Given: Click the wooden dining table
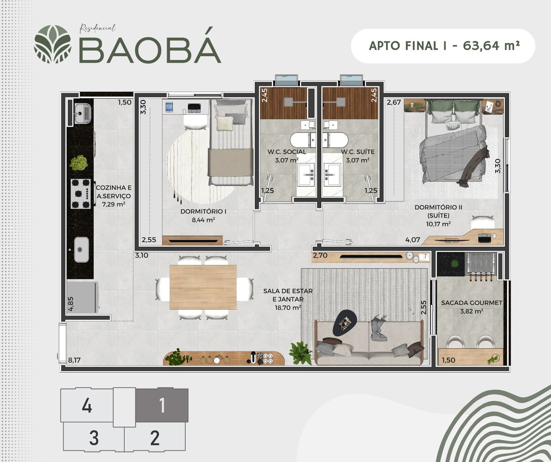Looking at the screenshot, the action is pos(203,287).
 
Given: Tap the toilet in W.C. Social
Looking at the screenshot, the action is pos(303,140).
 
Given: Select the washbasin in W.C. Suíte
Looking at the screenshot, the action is pos(333,174).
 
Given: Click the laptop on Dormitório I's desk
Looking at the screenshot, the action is pos(194,108).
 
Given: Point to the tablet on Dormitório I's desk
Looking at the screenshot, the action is pos(169,107).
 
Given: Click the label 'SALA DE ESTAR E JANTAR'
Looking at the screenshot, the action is pos(288,295).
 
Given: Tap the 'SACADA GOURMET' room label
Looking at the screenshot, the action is pos(471,303).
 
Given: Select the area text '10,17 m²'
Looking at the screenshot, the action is pos(438,224).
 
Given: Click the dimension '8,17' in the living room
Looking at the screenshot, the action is pos(74,360).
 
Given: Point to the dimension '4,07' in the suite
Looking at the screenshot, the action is pos(413,240).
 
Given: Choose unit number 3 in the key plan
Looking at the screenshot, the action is pos(94,438).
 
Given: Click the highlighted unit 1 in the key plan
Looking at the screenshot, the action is pos(162,405).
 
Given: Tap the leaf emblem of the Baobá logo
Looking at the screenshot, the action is pos(53,44).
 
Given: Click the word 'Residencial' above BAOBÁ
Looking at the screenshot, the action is pos(97,28).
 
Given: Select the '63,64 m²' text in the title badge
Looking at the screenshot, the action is pos(491,45).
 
